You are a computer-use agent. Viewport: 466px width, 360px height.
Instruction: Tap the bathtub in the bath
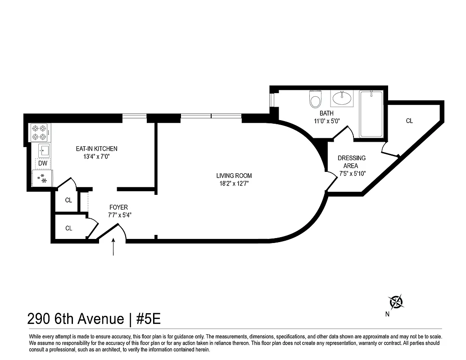pyautogui.click(x=371, y=114)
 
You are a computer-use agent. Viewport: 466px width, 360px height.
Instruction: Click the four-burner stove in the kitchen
pyautogui.click(x=40, y=132)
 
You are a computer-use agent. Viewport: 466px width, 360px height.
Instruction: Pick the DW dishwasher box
pyautogui.click(x=43, y=163)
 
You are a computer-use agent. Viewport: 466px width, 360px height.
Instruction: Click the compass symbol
pyautogui.click(x=396, y=301)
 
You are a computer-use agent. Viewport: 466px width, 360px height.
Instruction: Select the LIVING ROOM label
pyautogui.click(x=234, y=176)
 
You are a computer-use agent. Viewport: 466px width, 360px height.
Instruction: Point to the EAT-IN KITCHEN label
pyautogui.click(x=96, y=149)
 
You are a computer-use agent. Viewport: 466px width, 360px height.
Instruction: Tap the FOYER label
pyautogui.click(x=118, y=207)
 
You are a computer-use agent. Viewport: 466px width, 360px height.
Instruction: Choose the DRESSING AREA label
pyautogui.click(x=352, y=162)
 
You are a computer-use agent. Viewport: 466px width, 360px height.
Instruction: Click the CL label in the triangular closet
pyautogui.click(x=409, y=121)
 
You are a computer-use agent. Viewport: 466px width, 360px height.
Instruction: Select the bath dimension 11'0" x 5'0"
pyautogui.click(x=327, y=121)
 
